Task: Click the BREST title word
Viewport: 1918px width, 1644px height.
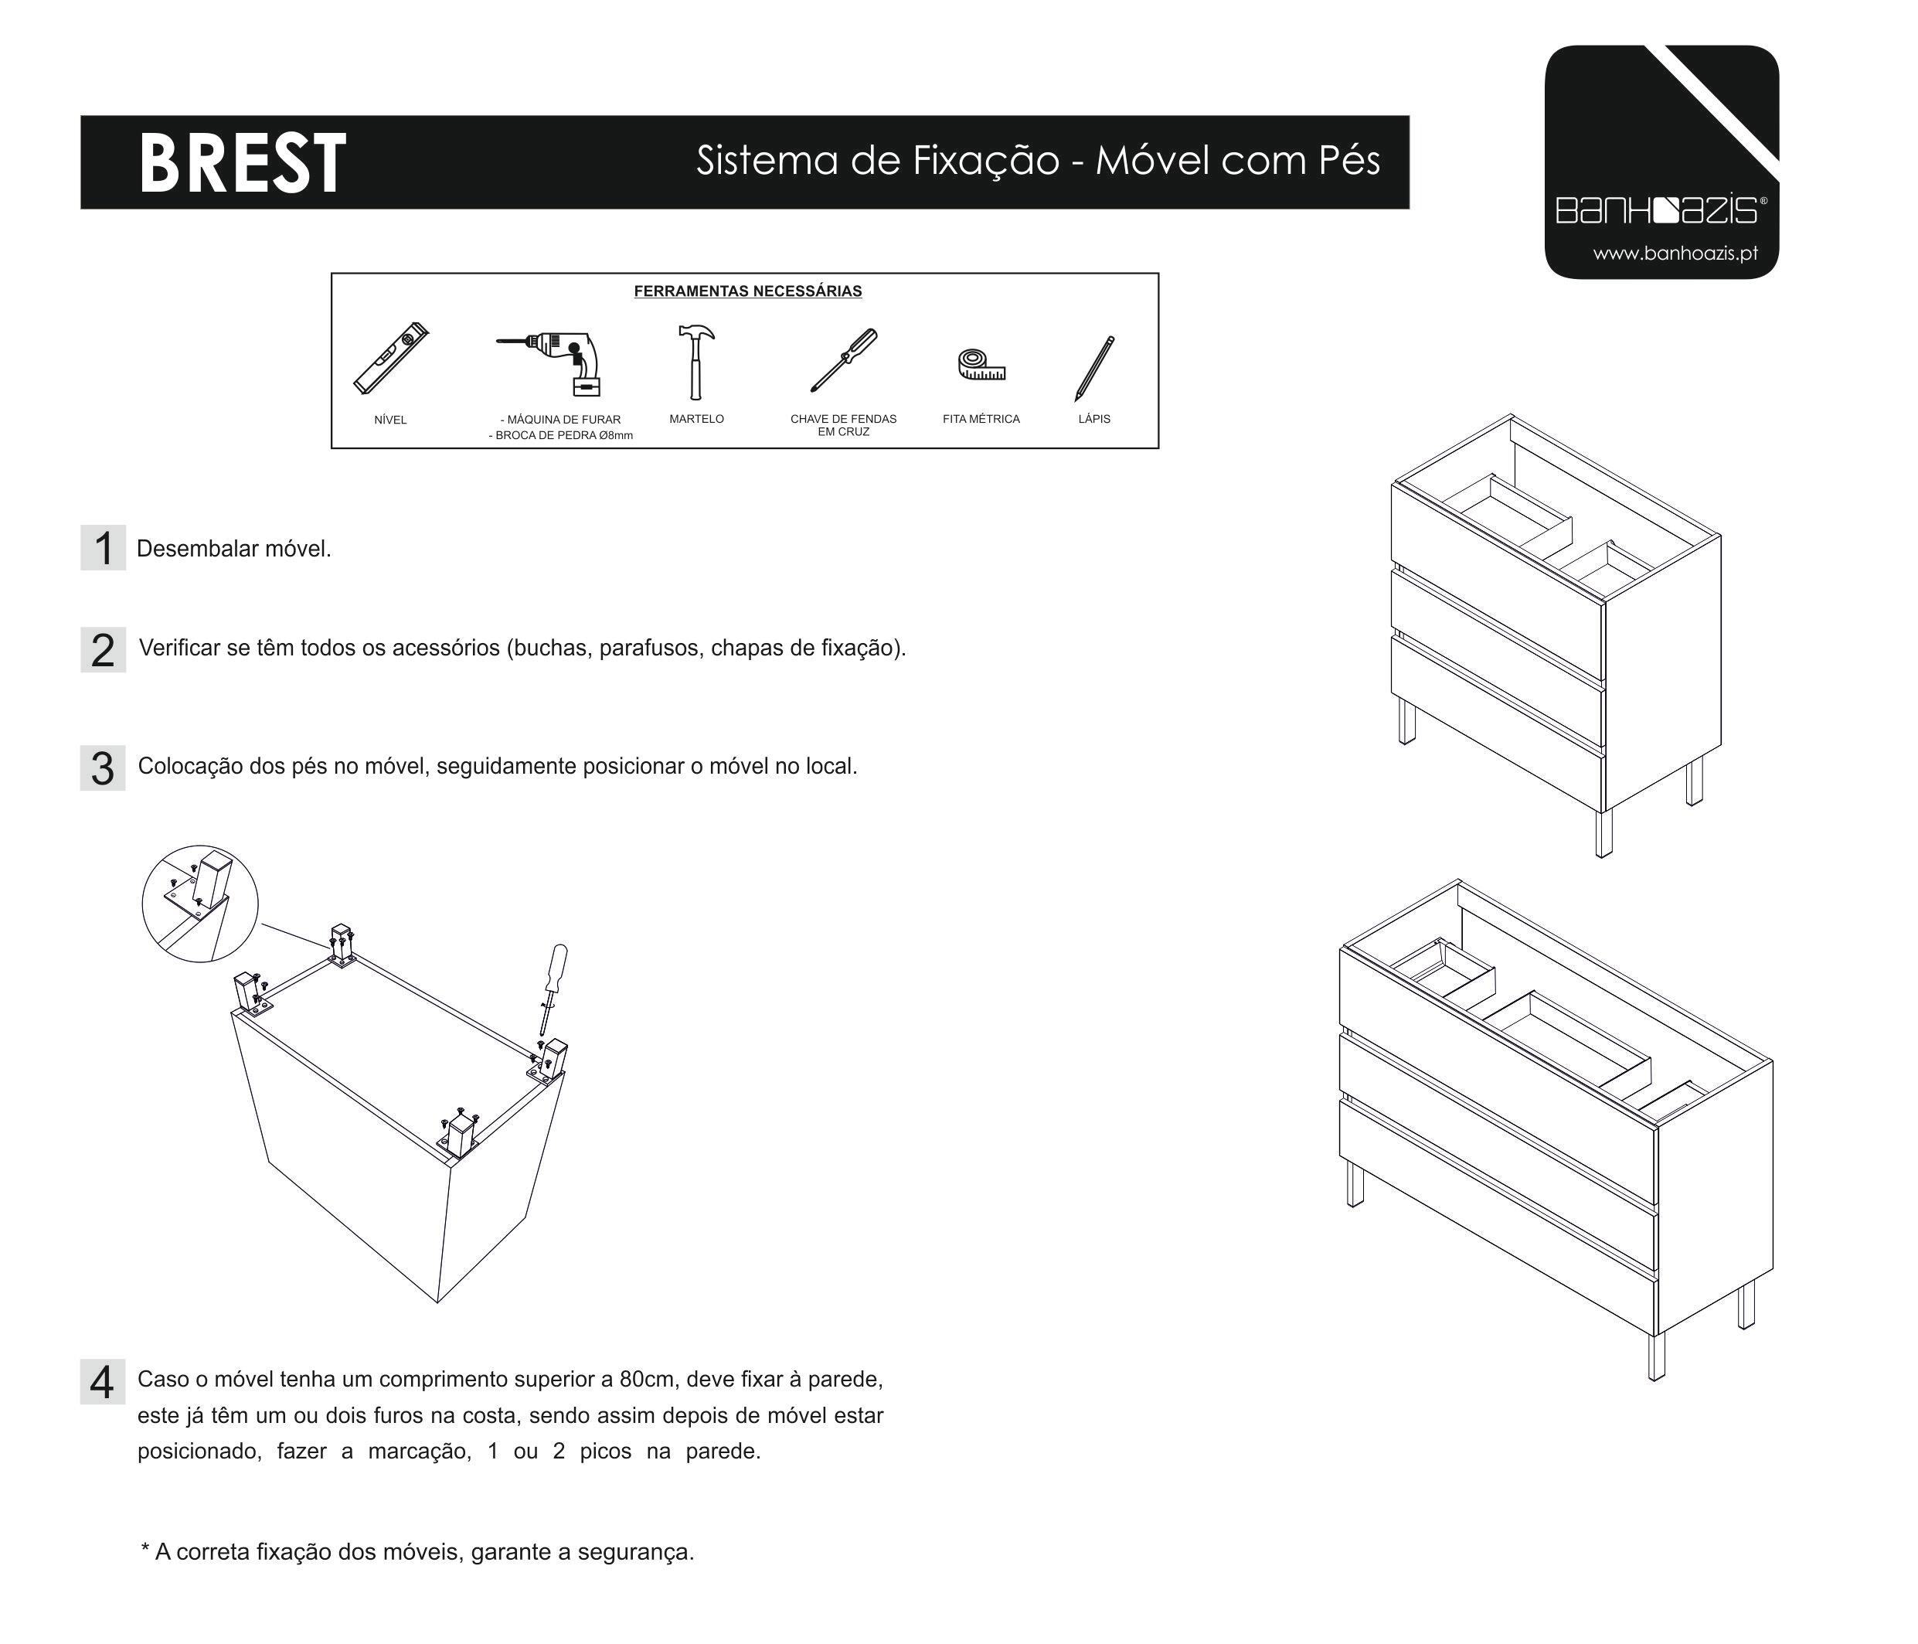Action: pos(243,163)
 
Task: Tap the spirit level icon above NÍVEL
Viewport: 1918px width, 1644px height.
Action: pos(392,359)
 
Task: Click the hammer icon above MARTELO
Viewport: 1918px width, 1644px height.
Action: pos(695,362)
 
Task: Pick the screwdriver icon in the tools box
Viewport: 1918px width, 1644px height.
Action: pos(843,360)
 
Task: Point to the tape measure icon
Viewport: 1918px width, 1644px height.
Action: pos(981,364)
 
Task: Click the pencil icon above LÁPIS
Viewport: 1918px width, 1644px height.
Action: pos(1094,369)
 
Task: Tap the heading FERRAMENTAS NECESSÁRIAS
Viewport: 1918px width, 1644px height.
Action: pos(748,291)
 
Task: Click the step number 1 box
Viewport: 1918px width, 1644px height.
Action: pos(103,548)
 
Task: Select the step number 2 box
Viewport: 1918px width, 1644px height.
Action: pos(103,649)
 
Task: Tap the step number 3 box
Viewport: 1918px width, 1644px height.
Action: pos(103,768)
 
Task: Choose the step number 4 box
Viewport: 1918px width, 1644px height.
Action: pos(103,1382)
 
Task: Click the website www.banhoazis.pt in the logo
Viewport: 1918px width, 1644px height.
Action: pos(1675,254)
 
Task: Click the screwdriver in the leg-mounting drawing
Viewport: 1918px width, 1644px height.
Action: pos(553,989)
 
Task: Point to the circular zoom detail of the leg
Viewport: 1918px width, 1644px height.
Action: pos(200,904)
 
